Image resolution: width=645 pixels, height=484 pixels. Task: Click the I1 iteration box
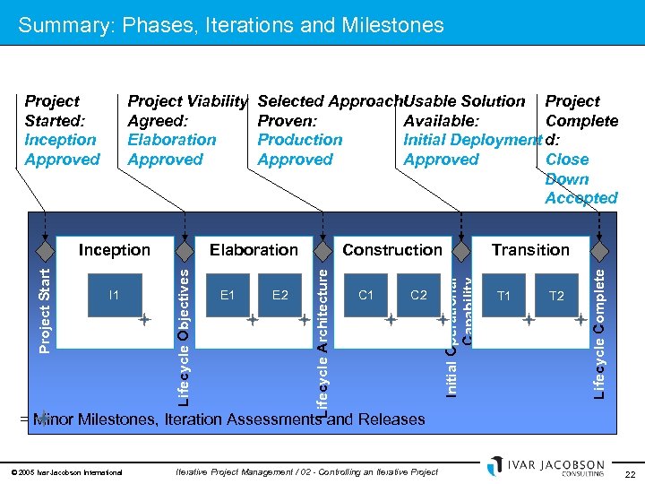coord(114,295)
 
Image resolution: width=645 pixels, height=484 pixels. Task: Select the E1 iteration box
coord(228,295)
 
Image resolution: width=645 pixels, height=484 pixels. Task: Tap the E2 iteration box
coord(279,295)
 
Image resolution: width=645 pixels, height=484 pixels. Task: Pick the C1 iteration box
coord(365,295)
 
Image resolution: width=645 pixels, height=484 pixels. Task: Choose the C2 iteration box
coord(418,295)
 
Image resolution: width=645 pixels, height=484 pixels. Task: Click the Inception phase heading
coord(114,250)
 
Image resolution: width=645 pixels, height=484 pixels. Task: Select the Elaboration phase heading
coord(254,250)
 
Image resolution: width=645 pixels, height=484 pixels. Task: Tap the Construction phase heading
coord(392,250)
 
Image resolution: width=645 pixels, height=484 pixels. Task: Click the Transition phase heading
coord(530,250)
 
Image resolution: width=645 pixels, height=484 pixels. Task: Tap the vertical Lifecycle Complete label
coord(599,332)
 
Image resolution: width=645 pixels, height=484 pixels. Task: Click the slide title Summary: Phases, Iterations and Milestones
coord(231,25)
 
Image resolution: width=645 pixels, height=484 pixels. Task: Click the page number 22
coord(629,473)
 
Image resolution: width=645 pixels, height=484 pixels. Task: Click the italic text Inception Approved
coord(62,150)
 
